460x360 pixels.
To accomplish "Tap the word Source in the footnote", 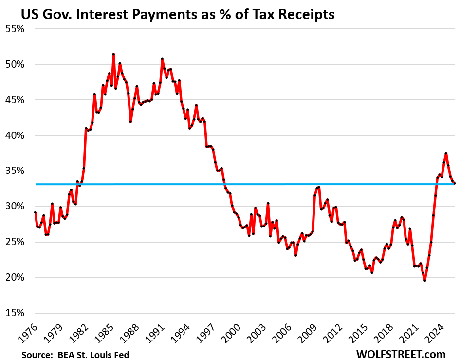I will coord(37,355).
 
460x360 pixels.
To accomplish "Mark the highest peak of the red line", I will coord(113,54).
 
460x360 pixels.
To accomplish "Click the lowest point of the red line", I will coord(424,281).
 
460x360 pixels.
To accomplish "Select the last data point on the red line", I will coord(455,183).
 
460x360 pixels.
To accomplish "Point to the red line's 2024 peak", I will coord(446,153).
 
